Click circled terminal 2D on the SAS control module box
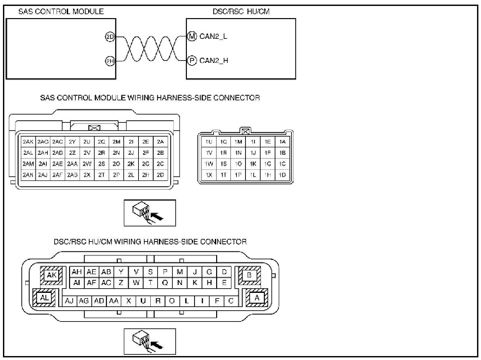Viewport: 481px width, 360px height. coord(110,37)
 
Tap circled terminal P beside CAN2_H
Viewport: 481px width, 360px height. coord(192,61)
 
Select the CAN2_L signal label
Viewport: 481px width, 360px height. coord(213,36)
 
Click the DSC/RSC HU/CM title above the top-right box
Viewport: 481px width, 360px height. coord(241,12)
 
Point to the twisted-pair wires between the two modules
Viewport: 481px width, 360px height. coord(151,49)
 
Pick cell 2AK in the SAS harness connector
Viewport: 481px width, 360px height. coord(28,142)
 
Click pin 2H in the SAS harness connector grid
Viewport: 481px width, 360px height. coord(145,175)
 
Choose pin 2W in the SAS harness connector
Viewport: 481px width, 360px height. coord(87,164)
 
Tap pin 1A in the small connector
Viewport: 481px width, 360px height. coord(282,142)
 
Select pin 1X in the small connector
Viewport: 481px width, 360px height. coord(209,175)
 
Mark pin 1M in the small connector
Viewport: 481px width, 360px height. coord(238,142)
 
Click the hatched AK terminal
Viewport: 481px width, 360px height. coord(51,275)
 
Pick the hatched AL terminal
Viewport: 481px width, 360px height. coord(44,298)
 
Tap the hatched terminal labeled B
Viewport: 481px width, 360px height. coord(249,275)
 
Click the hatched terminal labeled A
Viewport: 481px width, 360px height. coord(257,298)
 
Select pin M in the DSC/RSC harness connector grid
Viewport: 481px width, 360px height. coord(180,272)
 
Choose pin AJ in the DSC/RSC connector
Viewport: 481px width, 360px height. coord(69,301)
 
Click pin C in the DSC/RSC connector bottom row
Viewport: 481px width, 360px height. coord(231,301)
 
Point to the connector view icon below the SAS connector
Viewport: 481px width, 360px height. coord(150,213)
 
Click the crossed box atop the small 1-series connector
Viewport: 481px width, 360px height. coord(245,132)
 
